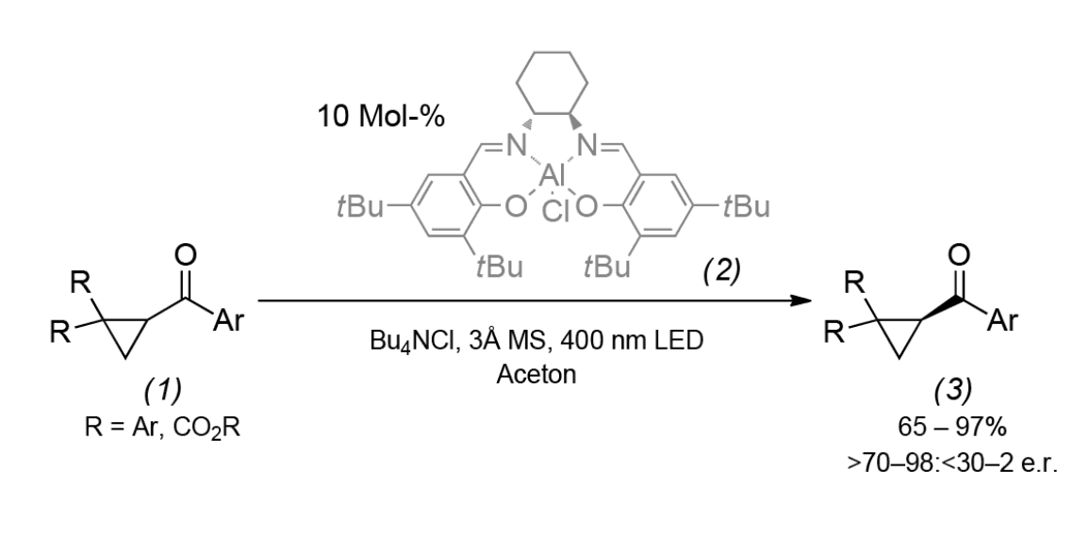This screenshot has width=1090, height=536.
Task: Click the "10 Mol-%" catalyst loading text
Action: (381, 116)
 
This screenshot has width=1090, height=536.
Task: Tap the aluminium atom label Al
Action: (553, 176)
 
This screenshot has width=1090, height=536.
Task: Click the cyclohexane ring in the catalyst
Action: (552, 82)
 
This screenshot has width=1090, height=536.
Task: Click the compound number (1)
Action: (163, 390)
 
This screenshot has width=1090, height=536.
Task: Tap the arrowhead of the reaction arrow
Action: (803, 300)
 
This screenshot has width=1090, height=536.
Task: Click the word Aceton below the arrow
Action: (536, 374)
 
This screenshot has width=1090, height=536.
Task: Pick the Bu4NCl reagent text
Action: (414, 341)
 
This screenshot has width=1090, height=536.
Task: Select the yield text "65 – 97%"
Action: (951, 427)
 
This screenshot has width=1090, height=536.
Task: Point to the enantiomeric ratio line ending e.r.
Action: (952, 462)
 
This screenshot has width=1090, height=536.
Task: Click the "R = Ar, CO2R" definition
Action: (163, 428)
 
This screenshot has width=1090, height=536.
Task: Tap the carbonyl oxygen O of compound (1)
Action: (185, 255)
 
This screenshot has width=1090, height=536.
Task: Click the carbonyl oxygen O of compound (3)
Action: (959, 254)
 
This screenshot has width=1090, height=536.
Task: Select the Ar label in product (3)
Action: (1002, 320)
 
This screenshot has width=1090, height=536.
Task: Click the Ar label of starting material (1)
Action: (229, 320)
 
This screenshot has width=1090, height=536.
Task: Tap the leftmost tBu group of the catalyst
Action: (359, 206)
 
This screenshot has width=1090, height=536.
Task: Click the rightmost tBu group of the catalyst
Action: (746, 206)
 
